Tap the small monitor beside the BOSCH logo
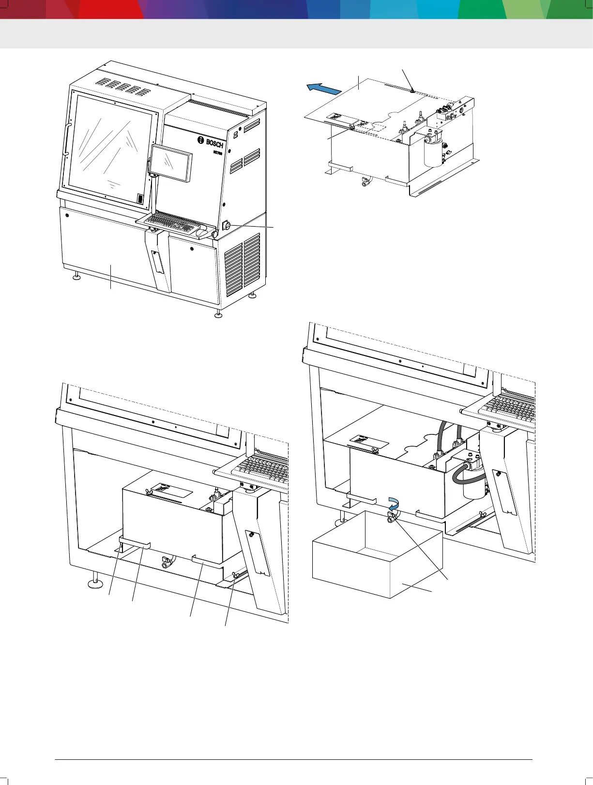[x=170, y=163]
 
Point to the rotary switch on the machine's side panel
[x=226, y=225]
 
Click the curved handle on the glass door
[x=67, y=140]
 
